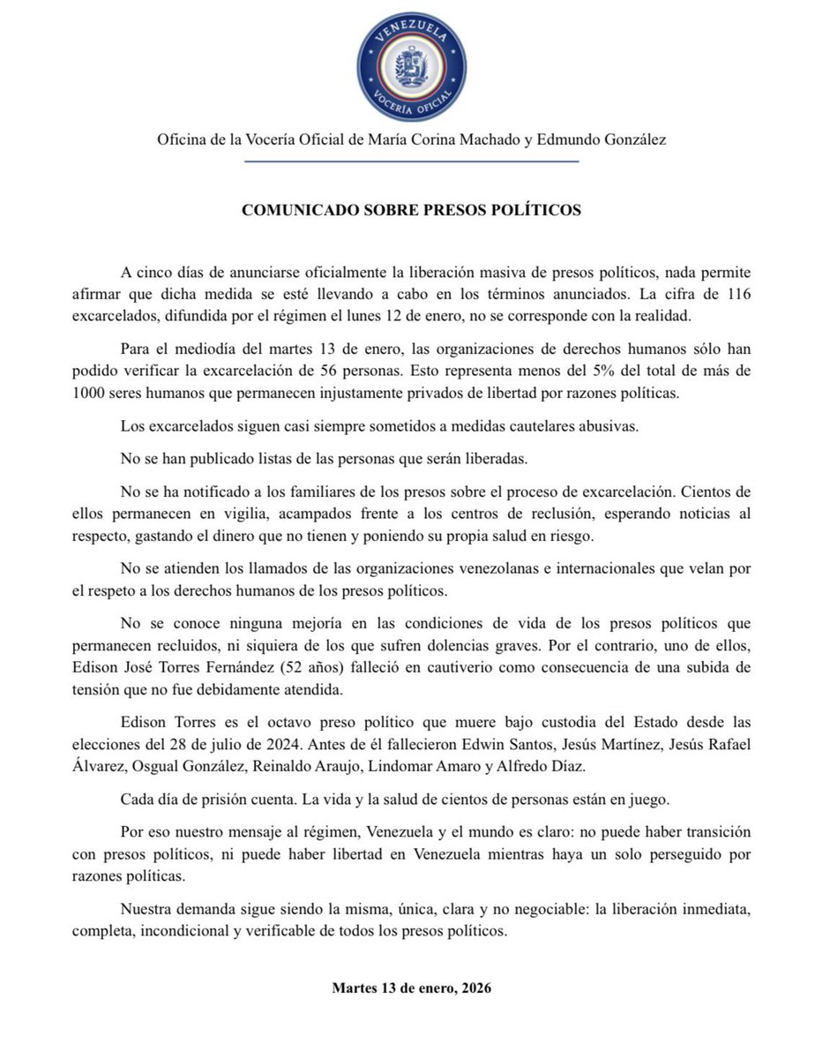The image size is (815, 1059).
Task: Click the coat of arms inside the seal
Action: coord(411,67)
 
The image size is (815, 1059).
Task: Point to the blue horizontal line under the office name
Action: coord(411,161)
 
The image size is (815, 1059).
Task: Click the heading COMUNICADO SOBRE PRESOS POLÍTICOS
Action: coord(411,211)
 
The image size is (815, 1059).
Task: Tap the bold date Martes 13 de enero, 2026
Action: coord(411,988)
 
